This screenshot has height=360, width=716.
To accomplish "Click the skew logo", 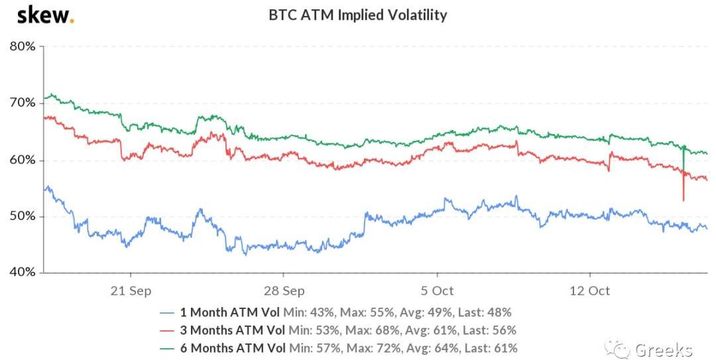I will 45,15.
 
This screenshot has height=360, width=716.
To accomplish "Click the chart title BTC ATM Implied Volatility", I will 357,15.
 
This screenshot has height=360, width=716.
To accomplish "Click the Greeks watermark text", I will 664,349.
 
